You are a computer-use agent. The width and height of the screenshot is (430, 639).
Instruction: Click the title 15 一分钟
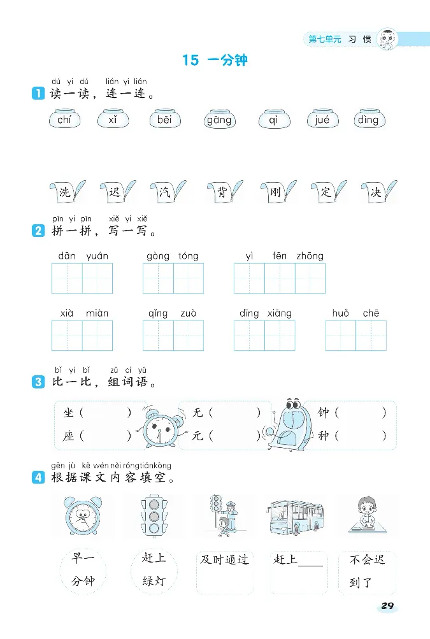pos(215,61)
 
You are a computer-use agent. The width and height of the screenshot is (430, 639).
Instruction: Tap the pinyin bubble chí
pos(64,120)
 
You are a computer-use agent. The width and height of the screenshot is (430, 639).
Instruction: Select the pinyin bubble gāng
pos(219,120)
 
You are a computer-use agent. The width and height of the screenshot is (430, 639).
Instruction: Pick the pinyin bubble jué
pos(322,120)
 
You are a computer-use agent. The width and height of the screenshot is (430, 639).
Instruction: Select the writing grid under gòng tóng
pos(173,278)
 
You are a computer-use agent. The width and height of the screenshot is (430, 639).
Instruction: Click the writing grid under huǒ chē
pos(355,336)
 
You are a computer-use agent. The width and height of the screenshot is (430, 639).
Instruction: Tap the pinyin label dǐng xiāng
pos(266,313)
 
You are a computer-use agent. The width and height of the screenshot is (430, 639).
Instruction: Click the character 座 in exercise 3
pos(69,436)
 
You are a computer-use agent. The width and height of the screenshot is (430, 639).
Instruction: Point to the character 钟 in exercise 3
pos(324,413)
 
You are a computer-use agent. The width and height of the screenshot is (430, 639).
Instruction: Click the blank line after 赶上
pos(310,563)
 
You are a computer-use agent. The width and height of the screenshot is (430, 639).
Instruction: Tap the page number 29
pos(387,606)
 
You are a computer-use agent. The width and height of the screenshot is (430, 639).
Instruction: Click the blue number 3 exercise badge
pos(38,382)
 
